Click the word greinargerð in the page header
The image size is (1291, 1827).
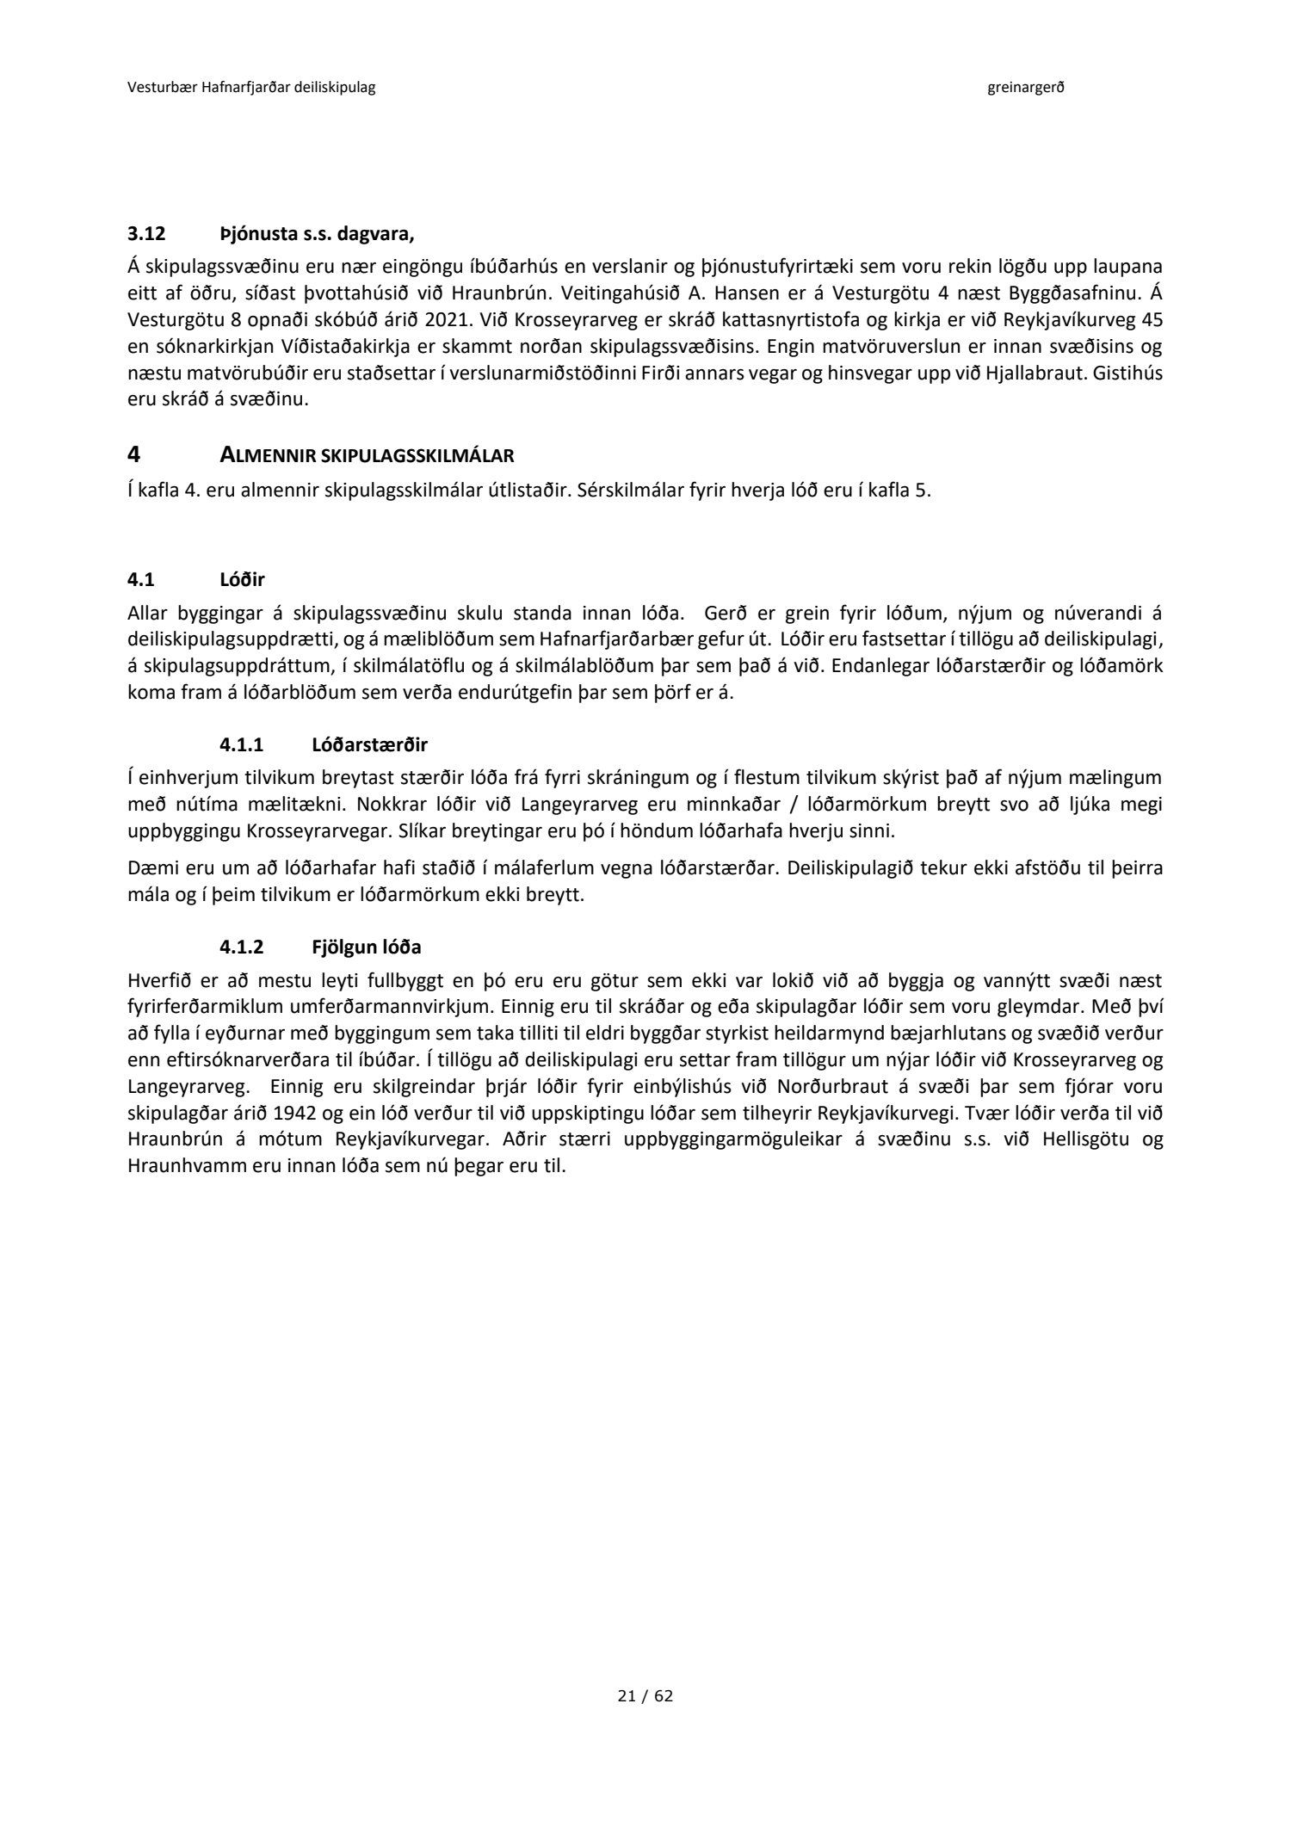(1026, 88)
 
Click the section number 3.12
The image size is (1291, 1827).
(144, 233)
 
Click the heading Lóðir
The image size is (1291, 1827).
(244, 580)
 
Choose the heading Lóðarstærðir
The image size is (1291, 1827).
(369, 744)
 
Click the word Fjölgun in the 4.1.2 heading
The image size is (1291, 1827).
(342, 948)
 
